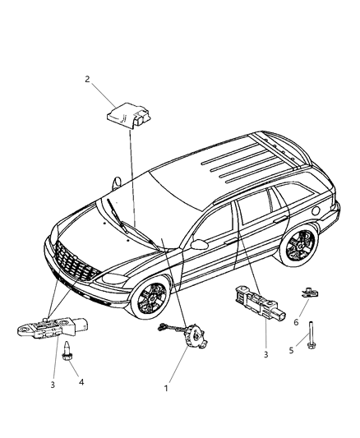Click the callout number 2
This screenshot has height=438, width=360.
[85, 80]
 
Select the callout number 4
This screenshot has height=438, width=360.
[81, 383]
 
